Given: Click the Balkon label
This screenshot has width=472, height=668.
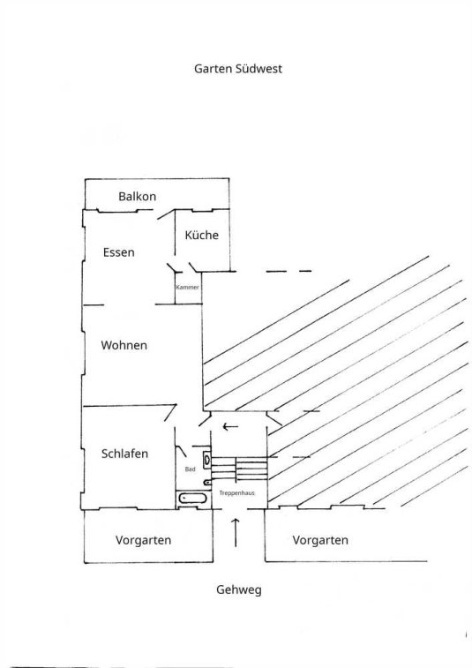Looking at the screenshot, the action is (x=137, y=197).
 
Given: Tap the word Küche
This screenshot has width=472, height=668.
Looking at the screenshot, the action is (x=201, y=235).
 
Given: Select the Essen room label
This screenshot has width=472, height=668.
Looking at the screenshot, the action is (x=119, y=252).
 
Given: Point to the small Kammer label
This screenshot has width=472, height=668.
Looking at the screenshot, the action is (x=187, y=287).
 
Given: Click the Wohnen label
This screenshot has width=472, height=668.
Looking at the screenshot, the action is (x=124, y=345).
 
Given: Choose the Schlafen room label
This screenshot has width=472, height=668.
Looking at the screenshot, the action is (x=124, y=454).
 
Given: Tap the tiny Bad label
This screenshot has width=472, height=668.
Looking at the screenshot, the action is (x=190, y=469).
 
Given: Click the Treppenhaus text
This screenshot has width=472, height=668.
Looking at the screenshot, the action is (x=236, y=493).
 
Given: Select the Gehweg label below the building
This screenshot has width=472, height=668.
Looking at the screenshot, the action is (x=239, y=590).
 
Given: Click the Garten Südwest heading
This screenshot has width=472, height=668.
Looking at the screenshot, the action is (x=238, y=69).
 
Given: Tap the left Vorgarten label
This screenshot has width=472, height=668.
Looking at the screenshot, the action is (x=143, y=540).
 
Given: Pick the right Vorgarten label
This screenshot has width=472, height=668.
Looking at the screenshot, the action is (x=320, y=540).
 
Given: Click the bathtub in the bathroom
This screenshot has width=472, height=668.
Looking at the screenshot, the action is (x=193, y=498).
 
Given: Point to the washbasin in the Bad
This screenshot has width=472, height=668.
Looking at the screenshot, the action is (x=207, y=458).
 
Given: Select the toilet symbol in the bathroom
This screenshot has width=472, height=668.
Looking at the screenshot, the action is (x=207, y=483).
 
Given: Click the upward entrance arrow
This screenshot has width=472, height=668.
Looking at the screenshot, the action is (x=236, y=532).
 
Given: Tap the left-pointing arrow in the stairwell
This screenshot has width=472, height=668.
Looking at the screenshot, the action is (x=230, y=426).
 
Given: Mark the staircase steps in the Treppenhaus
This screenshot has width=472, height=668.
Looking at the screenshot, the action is (x=240, y=469).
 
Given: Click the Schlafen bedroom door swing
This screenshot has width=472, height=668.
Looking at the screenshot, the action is (x=171, y=412).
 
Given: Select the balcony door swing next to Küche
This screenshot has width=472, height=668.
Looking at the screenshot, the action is (x=166, y=214).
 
